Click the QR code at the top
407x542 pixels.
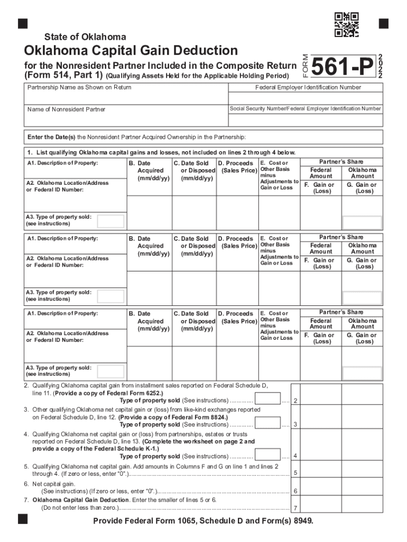(347, 25)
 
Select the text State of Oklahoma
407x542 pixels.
(85, 37)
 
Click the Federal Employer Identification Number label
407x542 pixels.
(308, 87)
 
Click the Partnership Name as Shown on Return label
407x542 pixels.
(79, 87)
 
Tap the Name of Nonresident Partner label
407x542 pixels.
(66, 110)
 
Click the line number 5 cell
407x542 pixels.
(295, 472)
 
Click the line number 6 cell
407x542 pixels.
(295, 491)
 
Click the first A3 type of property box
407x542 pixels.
(112, 221)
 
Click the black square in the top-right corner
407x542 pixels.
(383, 23)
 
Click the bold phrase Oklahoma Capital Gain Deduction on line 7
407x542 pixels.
(80, 500)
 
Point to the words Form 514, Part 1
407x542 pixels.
(59, 76)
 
